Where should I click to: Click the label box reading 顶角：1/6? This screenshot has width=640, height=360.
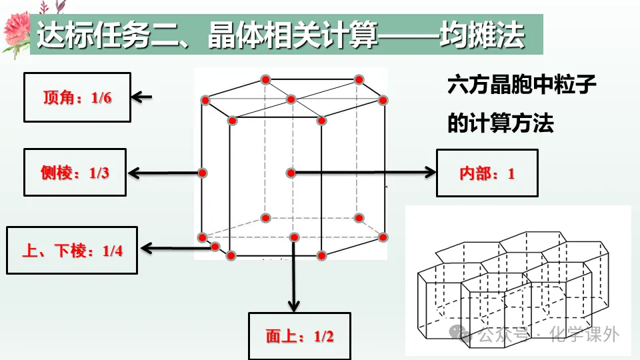pos(77,97)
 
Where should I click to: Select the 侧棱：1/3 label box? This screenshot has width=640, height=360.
pos(75,173)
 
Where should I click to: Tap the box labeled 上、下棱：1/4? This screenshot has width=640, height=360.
pos(72,250)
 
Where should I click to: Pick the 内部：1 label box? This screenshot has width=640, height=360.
pos(487,173)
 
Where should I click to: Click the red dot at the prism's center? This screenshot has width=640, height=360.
pos(291,173)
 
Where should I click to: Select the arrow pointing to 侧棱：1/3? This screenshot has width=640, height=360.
pos(163,173)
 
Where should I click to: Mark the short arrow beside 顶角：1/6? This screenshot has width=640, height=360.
pos(141,97)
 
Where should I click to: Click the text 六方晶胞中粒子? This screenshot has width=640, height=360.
pos(521,87)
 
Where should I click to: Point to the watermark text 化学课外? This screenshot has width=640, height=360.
pos(583,334)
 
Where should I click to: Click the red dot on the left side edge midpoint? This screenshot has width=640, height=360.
pos(203,173)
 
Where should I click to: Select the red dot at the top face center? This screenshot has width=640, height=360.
pos(291,99)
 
